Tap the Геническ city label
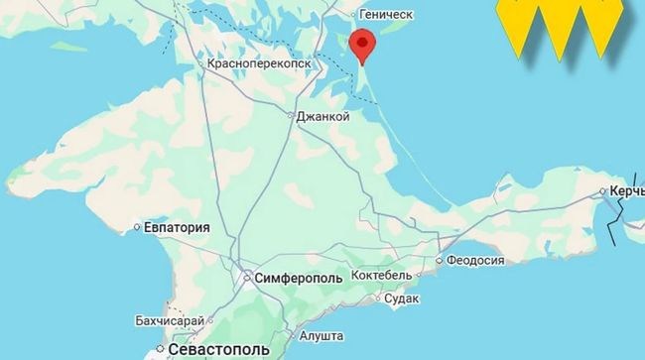(387, 14)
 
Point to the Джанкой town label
(323, 116)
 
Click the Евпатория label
(178, 227)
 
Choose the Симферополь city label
(299, 278)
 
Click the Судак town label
(401, 298)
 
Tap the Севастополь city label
(218, 351)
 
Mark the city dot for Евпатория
(137, 227)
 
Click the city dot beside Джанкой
(291, 116)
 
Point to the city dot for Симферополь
(247, 278)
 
